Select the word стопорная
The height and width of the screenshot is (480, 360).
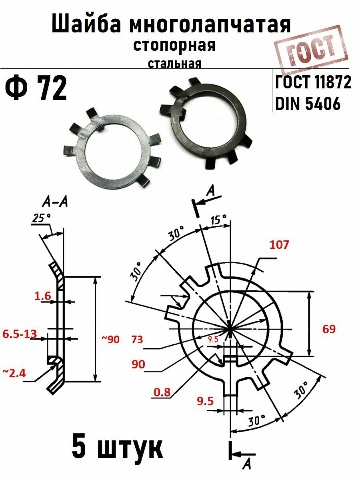pos(174,45)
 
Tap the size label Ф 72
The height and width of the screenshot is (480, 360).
pos(36,89)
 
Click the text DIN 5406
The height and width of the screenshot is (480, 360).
pos(308,104)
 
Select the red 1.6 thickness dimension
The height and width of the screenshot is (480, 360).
pos(42,296)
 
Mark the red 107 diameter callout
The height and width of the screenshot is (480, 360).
pos(279,245)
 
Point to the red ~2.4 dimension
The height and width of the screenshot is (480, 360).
pos(14,374)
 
